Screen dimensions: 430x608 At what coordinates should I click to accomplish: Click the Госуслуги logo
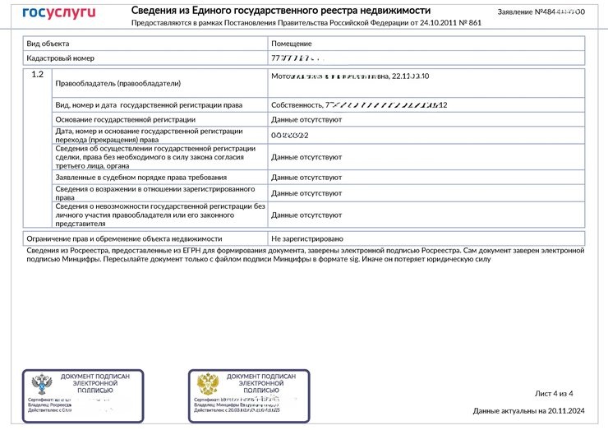point(58,14)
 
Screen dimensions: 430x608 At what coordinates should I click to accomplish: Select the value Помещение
point(291,43)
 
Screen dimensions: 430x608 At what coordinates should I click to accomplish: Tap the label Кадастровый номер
point(61,58)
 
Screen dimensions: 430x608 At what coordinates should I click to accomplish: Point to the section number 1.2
point(37,75)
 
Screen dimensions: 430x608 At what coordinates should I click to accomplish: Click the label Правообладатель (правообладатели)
point(117,84)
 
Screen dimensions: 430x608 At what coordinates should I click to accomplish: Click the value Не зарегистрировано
point(307,238)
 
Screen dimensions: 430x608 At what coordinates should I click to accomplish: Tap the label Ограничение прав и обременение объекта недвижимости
point(114,238)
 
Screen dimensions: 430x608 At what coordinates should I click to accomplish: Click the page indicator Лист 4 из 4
point(553,393)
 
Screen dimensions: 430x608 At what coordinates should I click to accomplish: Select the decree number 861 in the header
point(474,23)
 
